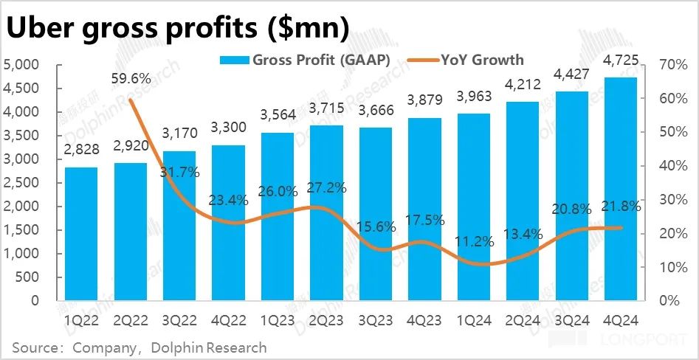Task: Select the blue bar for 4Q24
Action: [621, 189]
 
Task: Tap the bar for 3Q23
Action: [376, 214]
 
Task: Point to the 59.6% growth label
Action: [131, 78]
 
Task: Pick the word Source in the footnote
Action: [37, 347]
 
